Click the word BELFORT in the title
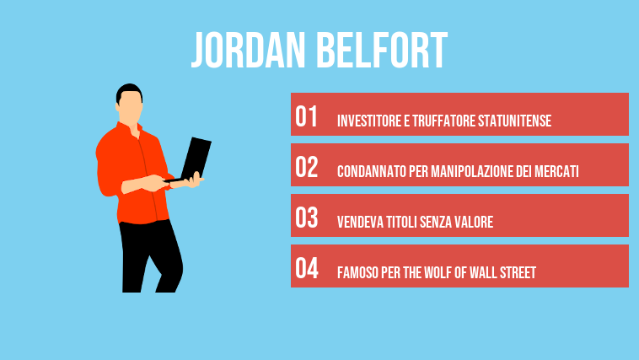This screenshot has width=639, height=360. [x=382, y=52]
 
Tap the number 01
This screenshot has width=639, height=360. [x=306, y=117]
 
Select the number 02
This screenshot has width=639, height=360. [x=307, y=168]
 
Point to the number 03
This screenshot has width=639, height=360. [x=307, y=218]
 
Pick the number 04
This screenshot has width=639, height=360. [x=307, y=269]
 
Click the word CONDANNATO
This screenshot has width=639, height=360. [x=368, y=172]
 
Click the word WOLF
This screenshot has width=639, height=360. [x=443, y=273]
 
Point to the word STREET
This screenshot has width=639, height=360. [x=516, y=273]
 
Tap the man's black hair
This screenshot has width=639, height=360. [x=129, y=90]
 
